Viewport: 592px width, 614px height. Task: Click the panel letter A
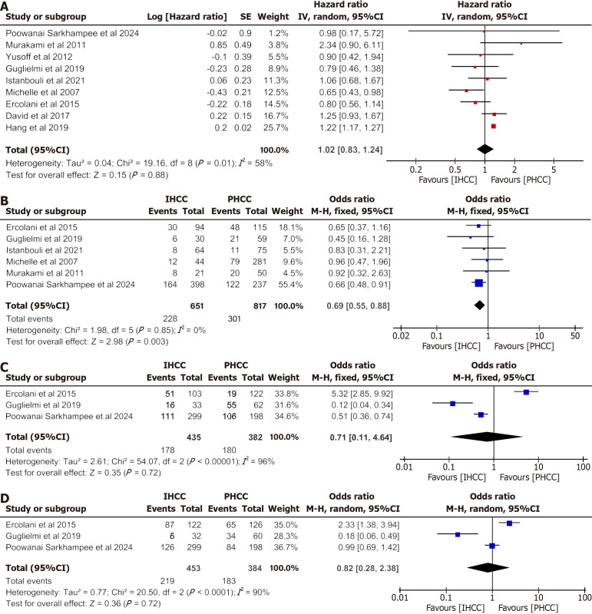(7, 6)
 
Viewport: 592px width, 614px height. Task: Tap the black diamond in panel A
(485, 148)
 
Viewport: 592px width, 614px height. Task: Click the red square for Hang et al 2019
(493, 125)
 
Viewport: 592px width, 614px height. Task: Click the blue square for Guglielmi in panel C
(453, 403)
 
